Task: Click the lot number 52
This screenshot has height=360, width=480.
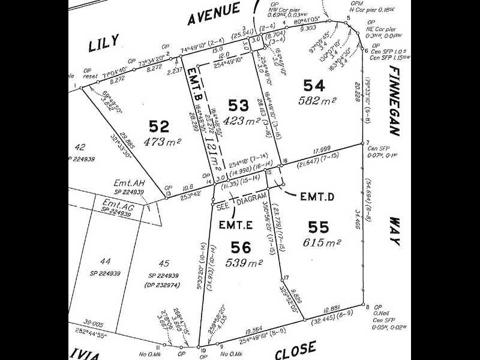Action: pyautogui.click(x=160, y=127)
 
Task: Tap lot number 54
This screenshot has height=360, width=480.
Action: pyautogui.click(x=314, y=86)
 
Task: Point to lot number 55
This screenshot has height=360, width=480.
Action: pyautogui.click(x=318, y=227)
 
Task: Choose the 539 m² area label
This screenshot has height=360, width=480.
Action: pyautogui.click(x=241, y=262)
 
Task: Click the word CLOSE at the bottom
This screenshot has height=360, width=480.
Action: pyautogui.click(x=296, y=347)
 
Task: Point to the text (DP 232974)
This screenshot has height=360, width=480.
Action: pyautogui.click(x=163, y=286)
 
